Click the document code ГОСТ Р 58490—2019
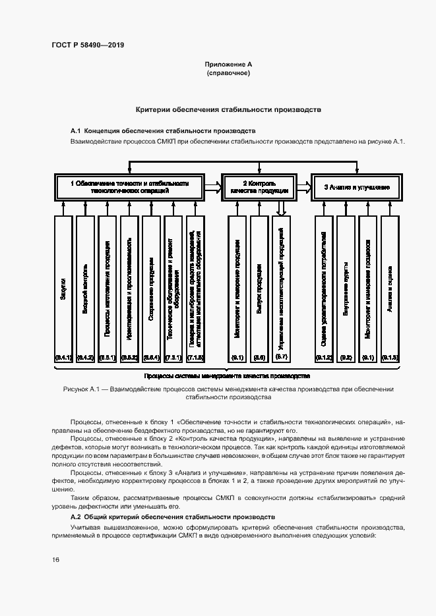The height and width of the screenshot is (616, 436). click(x=87, y=45)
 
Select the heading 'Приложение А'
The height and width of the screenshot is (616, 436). click(x=228, y=65)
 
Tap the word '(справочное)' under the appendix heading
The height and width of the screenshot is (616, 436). click(x=228, y=74)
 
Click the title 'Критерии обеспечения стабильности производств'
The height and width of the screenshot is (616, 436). click(x=228, y=109)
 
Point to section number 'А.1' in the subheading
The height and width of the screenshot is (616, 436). click(x=75, y=131)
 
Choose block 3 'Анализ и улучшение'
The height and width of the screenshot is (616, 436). click(x=356, y=187)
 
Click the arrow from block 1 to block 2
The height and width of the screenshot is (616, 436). click(x=212, y=186)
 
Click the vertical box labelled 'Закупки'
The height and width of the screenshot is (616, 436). click(x=63, y=290)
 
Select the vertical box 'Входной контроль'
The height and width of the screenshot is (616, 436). click(x=85, y=290)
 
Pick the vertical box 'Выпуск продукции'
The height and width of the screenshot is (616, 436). click(x=259, y=290)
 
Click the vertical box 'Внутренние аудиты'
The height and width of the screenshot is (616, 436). click(x=346, y=290)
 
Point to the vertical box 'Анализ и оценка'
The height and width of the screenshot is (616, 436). click(x=390, y=290)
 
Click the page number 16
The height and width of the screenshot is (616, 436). click(x=55, y=560)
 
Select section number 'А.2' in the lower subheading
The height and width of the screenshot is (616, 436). click(x=75, y=517)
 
